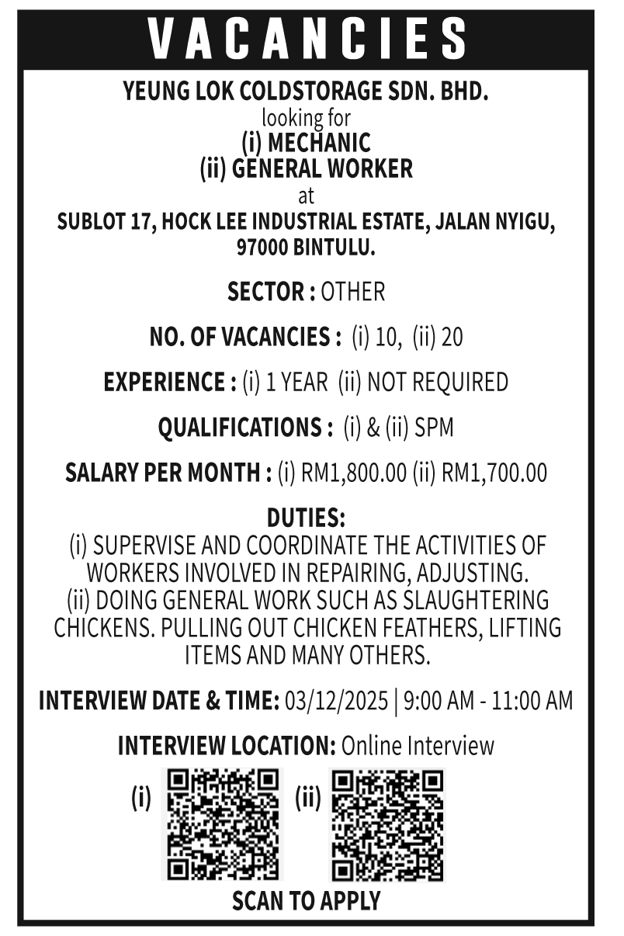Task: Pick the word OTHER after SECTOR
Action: pyautogui.click(x=352, y=292)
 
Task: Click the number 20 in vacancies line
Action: pyautogui.click(x=452, y=337)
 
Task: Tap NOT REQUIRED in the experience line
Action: pyautogui.click(x=437, y=382)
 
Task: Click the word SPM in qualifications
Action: pyautogui.click(x=435, y=427)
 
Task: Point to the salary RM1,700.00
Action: pyautogui.click(x=494, y=473)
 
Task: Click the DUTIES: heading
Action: pyautogui.click(x=306, y=517)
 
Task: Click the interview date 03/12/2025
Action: pyautogui.click(x=336, y=701)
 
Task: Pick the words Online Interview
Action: pyautogui.click(x=418, y=746)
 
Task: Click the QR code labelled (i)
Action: pyautogui.click(x=223, y=823)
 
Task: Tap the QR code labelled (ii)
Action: pyautogui.click(x=387, y=823)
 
